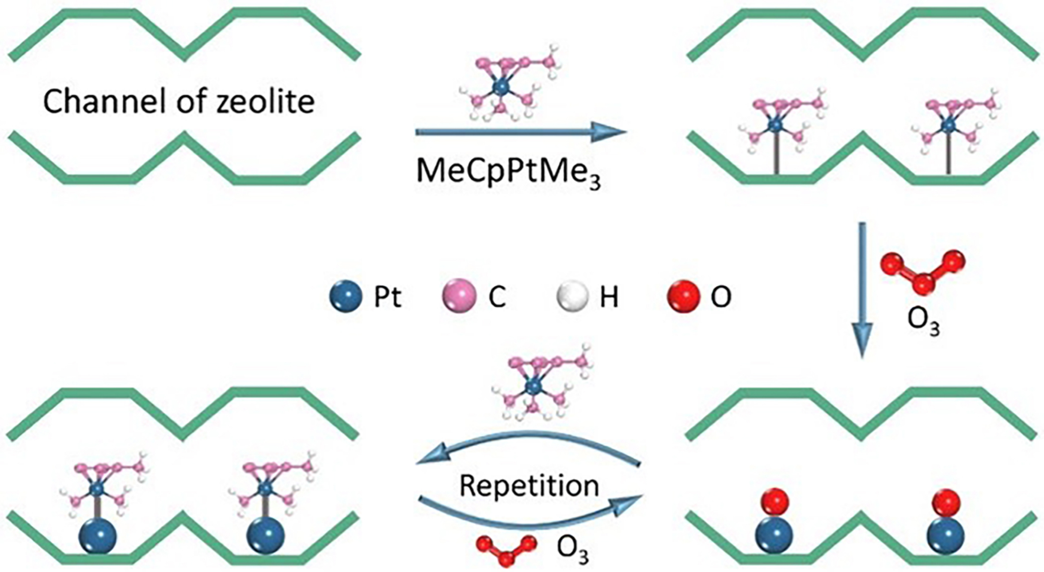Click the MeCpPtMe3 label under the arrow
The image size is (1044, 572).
(x=508, y=172)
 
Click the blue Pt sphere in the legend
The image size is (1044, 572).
(x=346, y=296)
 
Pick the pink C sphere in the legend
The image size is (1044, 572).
(x=459, y=296)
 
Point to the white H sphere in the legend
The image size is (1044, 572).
(x=572, y=296)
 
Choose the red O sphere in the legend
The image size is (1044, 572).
(x=683, y=296)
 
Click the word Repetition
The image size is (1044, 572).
(x=529, y=486)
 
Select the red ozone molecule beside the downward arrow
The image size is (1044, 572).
(x=923, y=271)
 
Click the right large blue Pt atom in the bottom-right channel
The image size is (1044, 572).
(x=946, y=536)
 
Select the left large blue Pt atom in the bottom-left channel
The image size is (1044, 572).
(x=97, y=536)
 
